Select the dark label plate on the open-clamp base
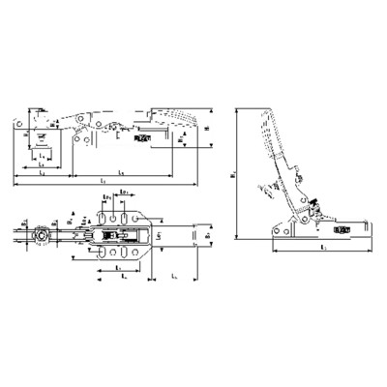(x=341, y=230)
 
